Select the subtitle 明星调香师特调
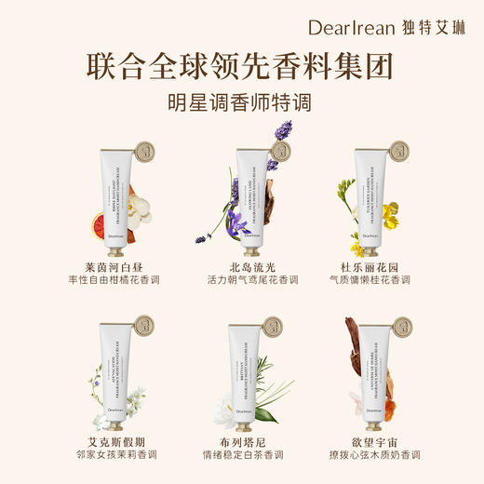click(x=241, y=103)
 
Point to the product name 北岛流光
click(x=241, y=265)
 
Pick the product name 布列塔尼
click(x=241, y=444)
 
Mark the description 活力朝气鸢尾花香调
click(x=241, y=280)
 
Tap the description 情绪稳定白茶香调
click(x=241, y=459)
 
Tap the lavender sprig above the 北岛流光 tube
click(x=278, y=140)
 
